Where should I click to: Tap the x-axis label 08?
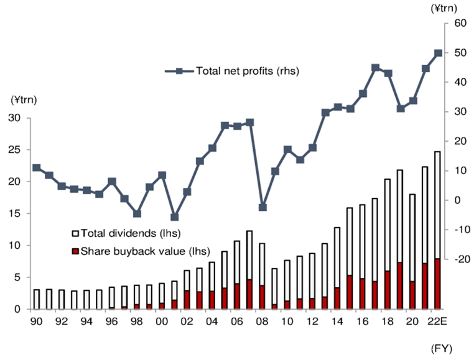pos(263,321)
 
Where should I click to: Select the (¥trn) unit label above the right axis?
pos(444,7)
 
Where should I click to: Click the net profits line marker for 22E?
pos(438,53)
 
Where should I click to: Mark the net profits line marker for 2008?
pos(263,207)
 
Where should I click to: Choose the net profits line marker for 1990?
pos(36,168)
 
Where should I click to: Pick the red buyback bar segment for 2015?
pos(350,292)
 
